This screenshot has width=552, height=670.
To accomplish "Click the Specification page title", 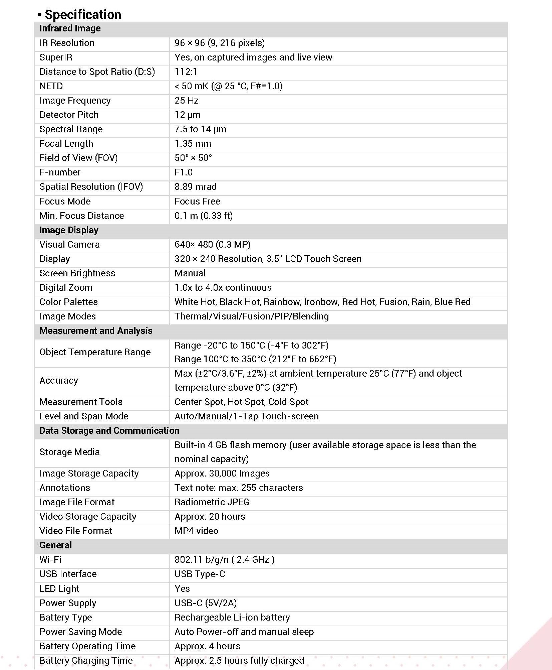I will tap(83, 15).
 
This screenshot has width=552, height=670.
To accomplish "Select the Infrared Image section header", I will tap(70, 28).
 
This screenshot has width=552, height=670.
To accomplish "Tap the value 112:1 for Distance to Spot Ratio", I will tap(186, 72).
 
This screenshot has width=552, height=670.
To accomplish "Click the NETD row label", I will tap(51, 86).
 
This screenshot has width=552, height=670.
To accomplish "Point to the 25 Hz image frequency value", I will tap(186, 101).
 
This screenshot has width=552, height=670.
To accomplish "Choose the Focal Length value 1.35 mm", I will tap(193, 144).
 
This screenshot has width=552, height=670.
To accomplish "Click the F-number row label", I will tap(60, 172).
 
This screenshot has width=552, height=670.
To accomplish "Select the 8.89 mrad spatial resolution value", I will tap(195, 187).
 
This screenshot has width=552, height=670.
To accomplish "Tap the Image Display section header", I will tap(69, 230).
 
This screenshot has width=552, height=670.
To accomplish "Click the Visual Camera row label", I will tap(69, 245).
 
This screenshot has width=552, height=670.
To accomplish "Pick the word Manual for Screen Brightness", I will tap(190, 273).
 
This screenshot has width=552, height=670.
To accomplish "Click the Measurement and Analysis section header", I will tap(96, 331).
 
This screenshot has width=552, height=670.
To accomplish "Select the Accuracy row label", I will tap(59, 381).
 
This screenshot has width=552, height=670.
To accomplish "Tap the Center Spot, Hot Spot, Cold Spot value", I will tap(241, 402).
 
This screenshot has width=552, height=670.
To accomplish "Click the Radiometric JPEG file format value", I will tap(212, 502).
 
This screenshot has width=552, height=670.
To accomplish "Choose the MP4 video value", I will tap(196, 531).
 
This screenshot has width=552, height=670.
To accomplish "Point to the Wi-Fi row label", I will tap(50, 560).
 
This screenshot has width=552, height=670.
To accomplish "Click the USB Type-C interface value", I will tap(200, 574).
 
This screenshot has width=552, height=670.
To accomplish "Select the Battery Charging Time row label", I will tap(86, 661).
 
